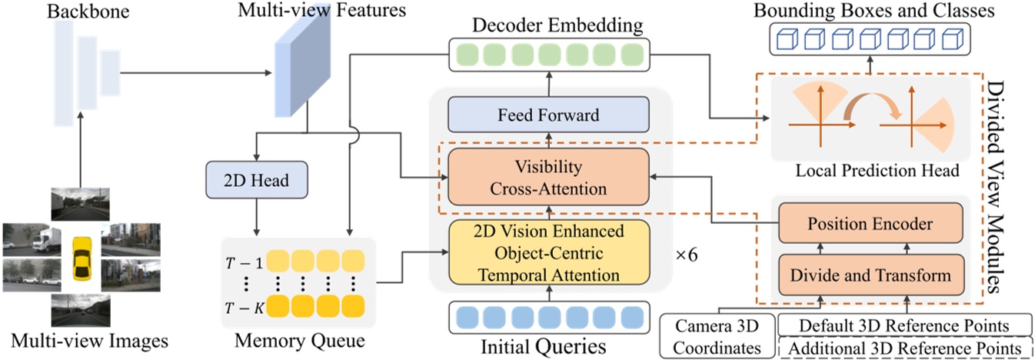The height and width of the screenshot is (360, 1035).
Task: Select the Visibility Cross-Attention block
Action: [549, 176]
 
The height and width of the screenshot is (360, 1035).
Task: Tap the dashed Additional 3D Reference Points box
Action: [906, 348]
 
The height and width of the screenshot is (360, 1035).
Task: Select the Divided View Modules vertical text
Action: [1000, 185]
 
